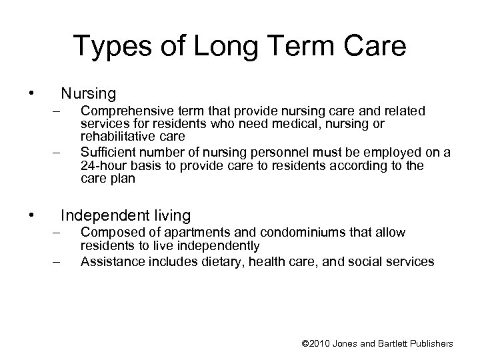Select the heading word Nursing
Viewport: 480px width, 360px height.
(x=88, y=93)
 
